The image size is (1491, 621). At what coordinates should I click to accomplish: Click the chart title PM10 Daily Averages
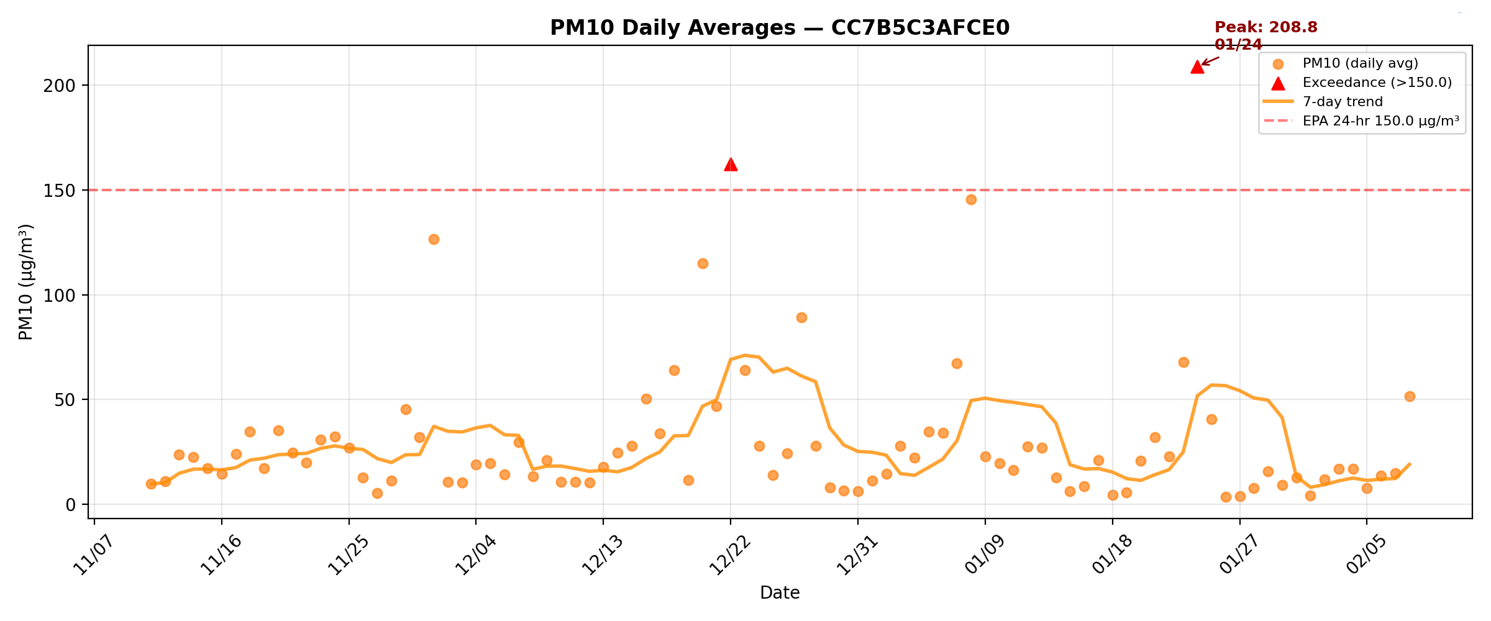click(x=780, y=28)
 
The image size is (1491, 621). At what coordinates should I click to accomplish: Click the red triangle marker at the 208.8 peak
click(x=1197, y=67)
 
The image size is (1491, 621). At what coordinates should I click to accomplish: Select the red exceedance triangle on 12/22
click(x=731, y=165)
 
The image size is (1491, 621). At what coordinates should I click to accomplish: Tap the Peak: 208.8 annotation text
click(x=1265, y=28)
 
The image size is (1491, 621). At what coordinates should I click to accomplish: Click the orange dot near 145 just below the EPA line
click(x=971, y=199)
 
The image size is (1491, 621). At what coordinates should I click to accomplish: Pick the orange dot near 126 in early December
click(x=434, y=239)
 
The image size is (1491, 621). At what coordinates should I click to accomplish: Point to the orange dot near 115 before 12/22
click(x=703, y=263)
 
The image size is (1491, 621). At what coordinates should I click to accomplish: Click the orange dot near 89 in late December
click(x=801, y=317)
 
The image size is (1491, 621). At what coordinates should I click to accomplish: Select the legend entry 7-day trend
click(x=1343, y=102)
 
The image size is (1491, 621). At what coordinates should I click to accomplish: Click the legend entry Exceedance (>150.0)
click(x=1377, y=83)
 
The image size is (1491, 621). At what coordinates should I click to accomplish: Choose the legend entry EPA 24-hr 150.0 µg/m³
click(x=1380, y=121)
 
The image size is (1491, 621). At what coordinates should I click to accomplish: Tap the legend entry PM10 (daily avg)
click(x=1360, y=63)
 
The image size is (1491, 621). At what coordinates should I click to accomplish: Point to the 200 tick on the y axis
click(x=59, y=86)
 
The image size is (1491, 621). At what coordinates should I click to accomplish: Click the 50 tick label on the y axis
click(x=65, y=400)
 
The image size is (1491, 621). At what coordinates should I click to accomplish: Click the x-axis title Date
click(x=780, y=593)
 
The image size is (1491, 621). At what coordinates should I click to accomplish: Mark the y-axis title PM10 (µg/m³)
click(x=25, y=282)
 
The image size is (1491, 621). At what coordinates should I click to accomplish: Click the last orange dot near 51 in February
click(x=1410, y=396)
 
